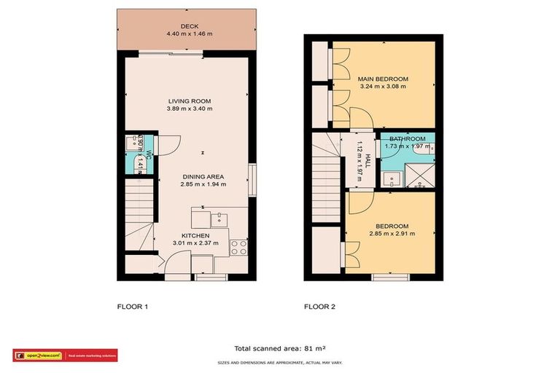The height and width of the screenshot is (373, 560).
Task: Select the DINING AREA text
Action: [x=203, y=176]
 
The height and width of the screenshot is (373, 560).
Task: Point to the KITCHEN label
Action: [x=195, y=236]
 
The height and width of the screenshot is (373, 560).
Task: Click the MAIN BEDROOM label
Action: [x=382, y=79]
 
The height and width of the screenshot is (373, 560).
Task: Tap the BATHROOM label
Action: [x=406, y=139]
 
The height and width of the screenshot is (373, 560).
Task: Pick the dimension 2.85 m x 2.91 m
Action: [x=392, y=234]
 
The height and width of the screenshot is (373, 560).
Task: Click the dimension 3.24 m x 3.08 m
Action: [x=382, y=87]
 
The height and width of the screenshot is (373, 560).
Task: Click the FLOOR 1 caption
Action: [x=133, y=307]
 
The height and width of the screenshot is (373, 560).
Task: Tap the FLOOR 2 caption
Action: [x=319, y=307]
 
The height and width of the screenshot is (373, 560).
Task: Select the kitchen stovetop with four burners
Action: [x=238, y=246]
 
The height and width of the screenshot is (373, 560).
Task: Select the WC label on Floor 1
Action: [x=148, y=154]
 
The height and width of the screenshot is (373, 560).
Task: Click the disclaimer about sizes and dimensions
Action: [x=280, y=362]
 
